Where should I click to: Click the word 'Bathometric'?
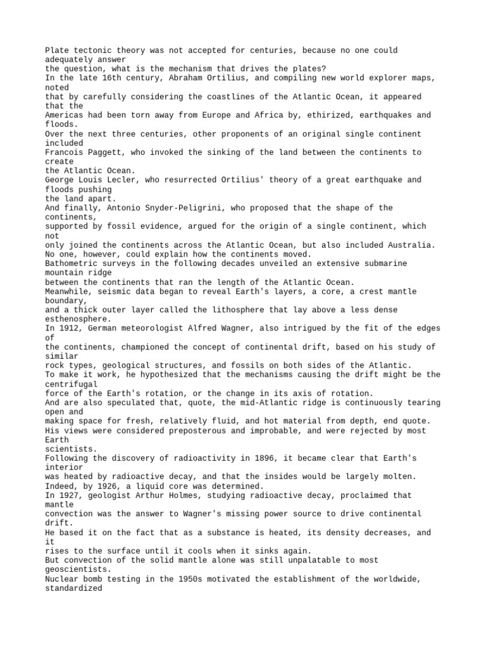(71, 263)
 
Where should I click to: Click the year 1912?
(68, 328)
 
